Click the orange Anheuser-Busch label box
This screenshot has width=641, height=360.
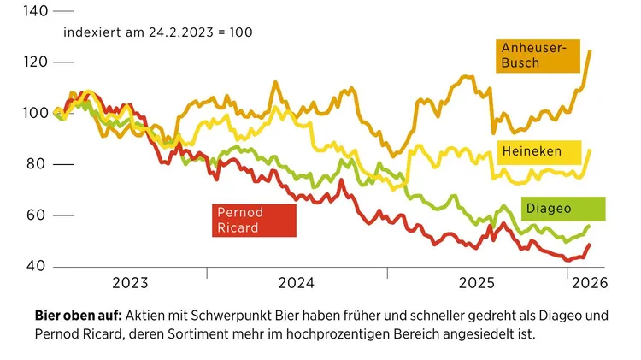[x=539, y=57]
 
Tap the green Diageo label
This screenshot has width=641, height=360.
[x=562, y=208]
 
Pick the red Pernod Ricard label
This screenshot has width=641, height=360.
[x=253, y=220]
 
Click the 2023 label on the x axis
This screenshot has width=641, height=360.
[x=131, y=283]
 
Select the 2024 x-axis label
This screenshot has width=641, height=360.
[x=297, y=283]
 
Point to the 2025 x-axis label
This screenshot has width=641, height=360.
[x=477, y=283]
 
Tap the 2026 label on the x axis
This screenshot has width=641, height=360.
[x=588, y=283]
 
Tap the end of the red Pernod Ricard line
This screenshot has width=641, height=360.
[x=589, y=245]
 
